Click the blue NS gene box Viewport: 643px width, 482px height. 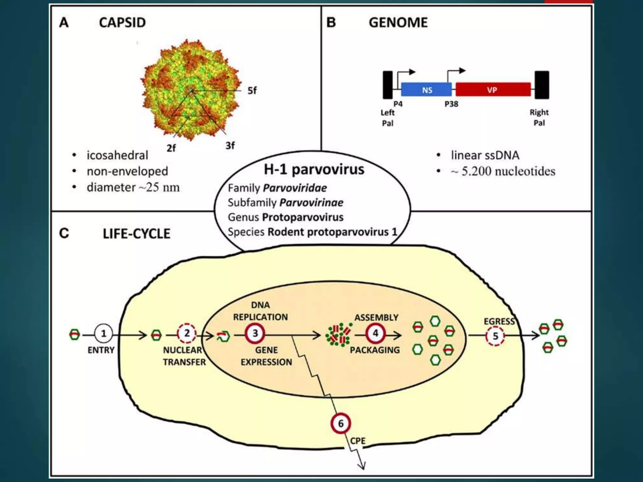click(426, 90)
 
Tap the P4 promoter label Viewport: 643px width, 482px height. click(398, 104)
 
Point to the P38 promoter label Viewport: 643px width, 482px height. click(451, 104)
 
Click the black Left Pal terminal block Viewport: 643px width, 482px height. click(388, 85)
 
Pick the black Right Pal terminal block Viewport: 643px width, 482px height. click(542, 85)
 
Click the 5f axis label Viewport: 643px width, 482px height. click(252, 91)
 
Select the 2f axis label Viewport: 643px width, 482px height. click(171, 148)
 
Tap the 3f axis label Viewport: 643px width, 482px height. click(230, 146)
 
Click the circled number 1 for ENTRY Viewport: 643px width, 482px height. click(103, 334)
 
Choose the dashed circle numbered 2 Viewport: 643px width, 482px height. click(187, 333)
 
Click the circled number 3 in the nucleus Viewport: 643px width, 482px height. click(255, 333)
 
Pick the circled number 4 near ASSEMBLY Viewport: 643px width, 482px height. click(375, 333)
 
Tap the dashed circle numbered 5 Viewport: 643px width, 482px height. click(495, 336)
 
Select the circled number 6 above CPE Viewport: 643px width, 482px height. click(341, 423)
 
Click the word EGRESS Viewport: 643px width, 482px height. click(499, 322)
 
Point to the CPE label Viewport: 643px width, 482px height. click(358, 441)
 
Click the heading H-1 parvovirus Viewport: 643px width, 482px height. click(314, 169)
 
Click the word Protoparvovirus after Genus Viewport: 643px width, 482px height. click(303, 217)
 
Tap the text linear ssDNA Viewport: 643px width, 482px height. click(485, 155)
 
